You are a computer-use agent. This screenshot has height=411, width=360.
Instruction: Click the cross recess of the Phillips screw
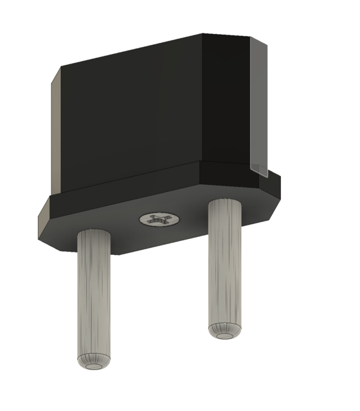click(x=159, y=220)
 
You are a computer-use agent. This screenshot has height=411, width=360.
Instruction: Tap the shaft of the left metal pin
click(x=95, y=295)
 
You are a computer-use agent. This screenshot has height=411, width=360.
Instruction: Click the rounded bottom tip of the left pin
click(x=95, y=363)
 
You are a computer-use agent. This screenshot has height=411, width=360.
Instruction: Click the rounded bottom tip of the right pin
click(x=226, y=330)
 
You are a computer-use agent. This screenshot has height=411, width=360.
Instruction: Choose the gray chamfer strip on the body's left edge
click(x=55, y=135)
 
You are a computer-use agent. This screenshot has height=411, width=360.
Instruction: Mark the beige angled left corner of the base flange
click(x=44, y=222)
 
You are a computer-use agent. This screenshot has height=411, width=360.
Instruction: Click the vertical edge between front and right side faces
click(x=203, y=96)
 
